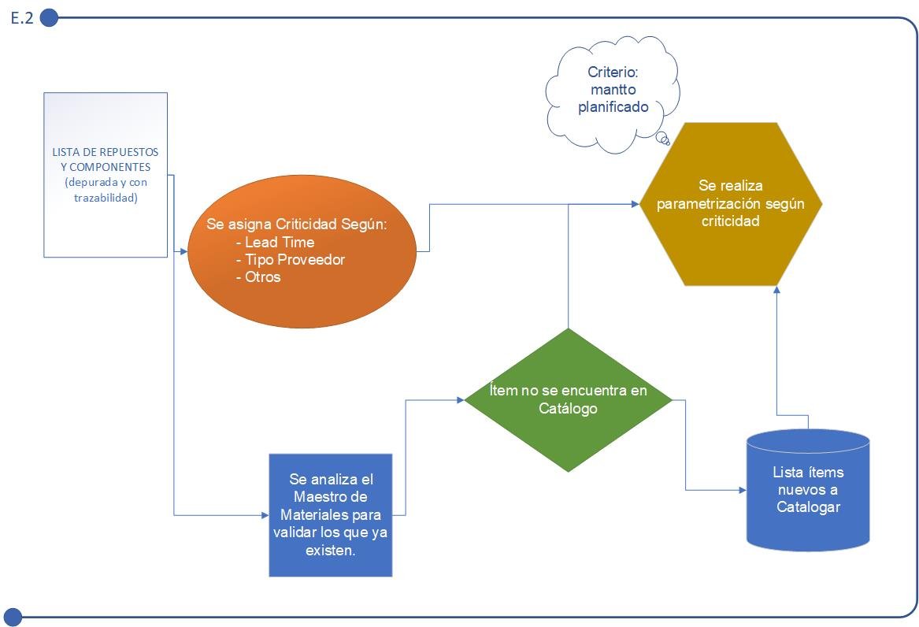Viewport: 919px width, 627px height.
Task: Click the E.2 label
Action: click(x=22, y=18)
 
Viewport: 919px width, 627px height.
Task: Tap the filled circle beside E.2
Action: click(x=50, y=18)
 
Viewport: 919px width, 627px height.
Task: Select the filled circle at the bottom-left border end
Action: click(x=13, y=617)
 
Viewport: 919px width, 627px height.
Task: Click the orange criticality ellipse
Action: click(x=302, y=251)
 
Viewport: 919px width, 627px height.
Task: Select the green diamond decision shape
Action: click(x=568, y=400)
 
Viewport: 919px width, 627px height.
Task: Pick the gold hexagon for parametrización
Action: click(x=731, y=204)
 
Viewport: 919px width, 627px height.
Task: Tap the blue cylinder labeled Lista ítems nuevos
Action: click(x=808, y=490)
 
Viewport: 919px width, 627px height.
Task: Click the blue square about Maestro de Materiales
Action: click(x=331, y=515)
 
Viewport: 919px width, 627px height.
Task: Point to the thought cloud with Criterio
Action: click(x=613, y=94)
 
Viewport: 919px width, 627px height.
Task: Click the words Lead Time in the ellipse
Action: click(x=280, y=242)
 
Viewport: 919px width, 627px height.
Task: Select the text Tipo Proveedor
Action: click(x=295, y=260)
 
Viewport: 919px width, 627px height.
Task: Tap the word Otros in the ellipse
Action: click(x=262, y=276)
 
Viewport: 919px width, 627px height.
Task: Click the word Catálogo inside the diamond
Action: click(x=568, y=409)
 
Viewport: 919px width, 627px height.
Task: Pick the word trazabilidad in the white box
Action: click(x=106, y=198)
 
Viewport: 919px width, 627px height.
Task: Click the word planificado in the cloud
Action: click(x=613, y=107)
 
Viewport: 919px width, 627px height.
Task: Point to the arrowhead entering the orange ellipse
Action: click(x=184, y=251)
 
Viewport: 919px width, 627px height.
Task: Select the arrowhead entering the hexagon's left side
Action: click(x=636, y=204)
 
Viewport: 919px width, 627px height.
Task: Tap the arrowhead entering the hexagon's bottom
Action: click(x=776, y=289)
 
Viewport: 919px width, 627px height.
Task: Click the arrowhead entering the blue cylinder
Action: click(x=743, y=490)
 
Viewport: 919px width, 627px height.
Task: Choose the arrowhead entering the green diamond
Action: click(x=461, y=400)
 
